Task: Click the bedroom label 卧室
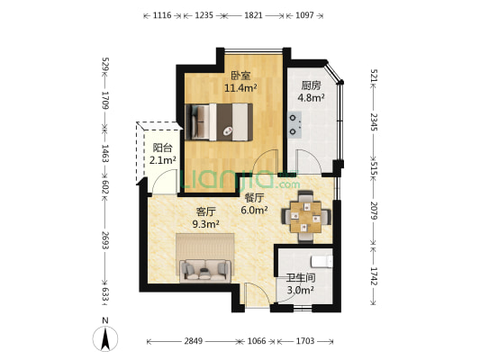[x=240, y=76]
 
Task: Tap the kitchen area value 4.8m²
[x=311, y=98]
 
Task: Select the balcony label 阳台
[x=162, y=148]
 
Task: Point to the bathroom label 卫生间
[x=301, y=278]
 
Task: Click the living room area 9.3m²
[x=205, y=224]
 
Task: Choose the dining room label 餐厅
[x=254, y=198]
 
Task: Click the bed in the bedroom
[x=219, y=122]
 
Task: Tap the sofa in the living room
[x=205, y=271]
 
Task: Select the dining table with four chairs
[x=306, y=216]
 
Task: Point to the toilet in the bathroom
[x=322, y=262]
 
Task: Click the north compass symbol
[x=105, y=338]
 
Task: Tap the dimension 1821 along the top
[x=253, y=15]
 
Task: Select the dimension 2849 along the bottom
[x=193, y=341]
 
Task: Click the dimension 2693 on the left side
[x=105, y=240]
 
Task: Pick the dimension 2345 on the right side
[x=374, y=121]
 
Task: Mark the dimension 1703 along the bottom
[x=305, y=341]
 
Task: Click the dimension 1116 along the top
[x=162, y=15]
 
